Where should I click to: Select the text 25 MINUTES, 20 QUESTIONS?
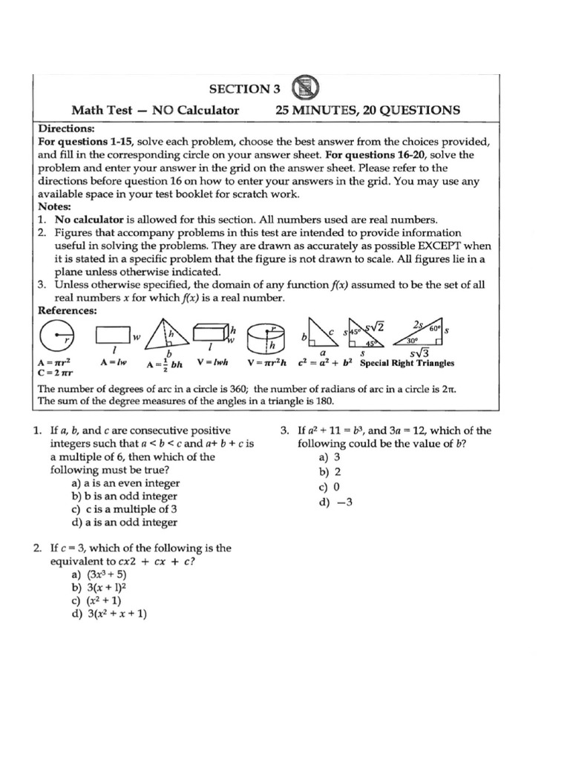tap(367, 111)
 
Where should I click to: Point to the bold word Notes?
tap(53, 207)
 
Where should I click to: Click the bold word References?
tap(68, 310)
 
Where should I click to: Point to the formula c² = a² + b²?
tap(325, 363)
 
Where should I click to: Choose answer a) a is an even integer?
tap(125, 483)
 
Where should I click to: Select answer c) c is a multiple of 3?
tap(124, 509)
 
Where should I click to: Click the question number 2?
tap(37, 548)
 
